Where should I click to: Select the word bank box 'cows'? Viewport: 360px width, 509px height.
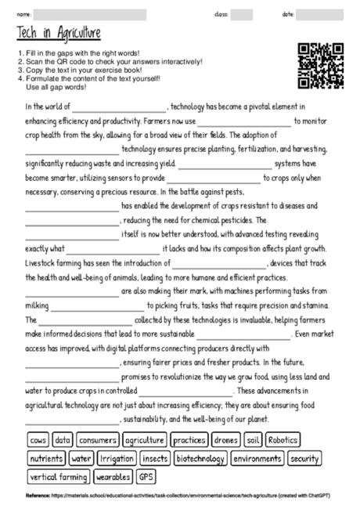38,440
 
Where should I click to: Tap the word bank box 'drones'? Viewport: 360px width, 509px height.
226,440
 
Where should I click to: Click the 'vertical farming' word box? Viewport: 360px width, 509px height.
59,475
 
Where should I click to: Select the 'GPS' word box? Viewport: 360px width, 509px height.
146,475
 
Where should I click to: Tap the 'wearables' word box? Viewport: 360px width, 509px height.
113,475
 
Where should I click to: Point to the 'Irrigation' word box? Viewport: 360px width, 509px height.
117,457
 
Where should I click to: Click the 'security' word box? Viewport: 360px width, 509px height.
304,457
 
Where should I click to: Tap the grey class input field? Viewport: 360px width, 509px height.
241,14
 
